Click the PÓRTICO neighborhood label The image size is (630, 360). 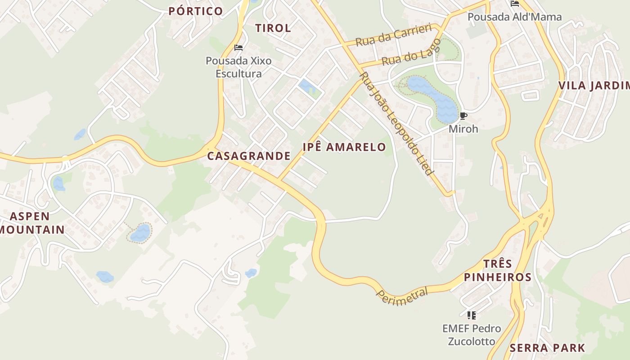[196, 11]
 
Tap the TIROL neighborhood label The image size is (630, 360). [273, 28]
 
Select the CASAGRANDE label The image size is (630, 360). [249, 156]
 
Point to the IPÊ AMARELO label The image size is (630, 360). [344, 147]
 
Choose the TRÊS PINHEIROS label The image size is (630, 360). [498, 270]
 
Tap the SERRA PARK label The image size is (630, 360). [547, 348]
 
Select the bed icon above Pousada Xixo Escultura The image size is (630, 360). [238, 48]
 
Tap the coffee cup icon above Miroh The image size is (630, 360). [463, 117]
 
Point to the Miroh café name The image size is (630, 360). [463, 129]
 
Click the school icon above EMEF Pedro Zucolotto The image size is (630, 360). [471, 315]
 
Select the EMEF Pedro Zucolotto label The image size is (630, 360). [471, 335]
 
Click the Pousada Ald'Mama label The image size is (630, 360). [514, 17]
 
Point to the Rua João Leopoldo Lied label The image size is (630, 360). [396, 124]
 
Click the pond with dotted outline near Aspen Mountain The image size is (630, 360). [140, 233]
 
